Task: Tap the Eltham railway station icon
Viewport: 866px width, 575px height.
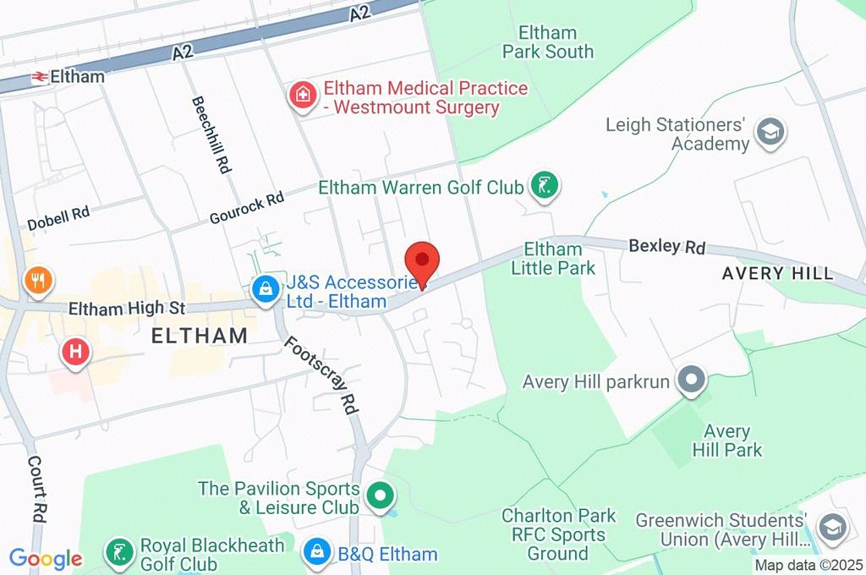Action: (x=39, y=77)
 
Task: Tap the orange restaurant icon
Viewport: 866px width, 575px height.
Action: (x=37, y=280)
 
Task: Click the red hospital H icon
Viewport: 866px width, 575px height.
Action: (x=75, y=352)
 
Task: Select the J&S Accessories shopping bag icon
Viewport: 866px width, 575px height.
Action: (x=266, y=289)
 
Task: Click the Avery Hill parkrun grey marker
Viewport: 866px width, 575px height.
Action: (x=692, y=381)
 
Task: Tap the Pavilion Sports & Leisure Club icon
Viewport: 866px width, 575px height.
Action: (x=381, y=493)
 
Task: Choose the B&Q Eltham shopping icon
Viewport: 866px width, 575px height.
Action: (x=317, y=554)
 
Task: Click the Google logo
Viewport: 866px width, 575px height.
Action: (x=46, y=558)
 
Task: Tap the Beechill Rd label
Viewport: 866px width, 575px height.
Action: (x=211, y=134)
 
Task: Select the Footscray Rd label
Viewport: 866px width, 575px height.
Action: (x=321, y=375)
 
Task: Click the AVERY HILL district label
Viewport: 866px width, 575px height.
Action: (x=777, y=273)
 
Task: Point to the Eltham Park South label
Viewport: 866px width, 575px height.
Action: (x=548, y=42)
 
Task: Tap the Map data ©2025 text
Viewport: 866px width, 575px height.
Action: (x=808, y=565)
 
